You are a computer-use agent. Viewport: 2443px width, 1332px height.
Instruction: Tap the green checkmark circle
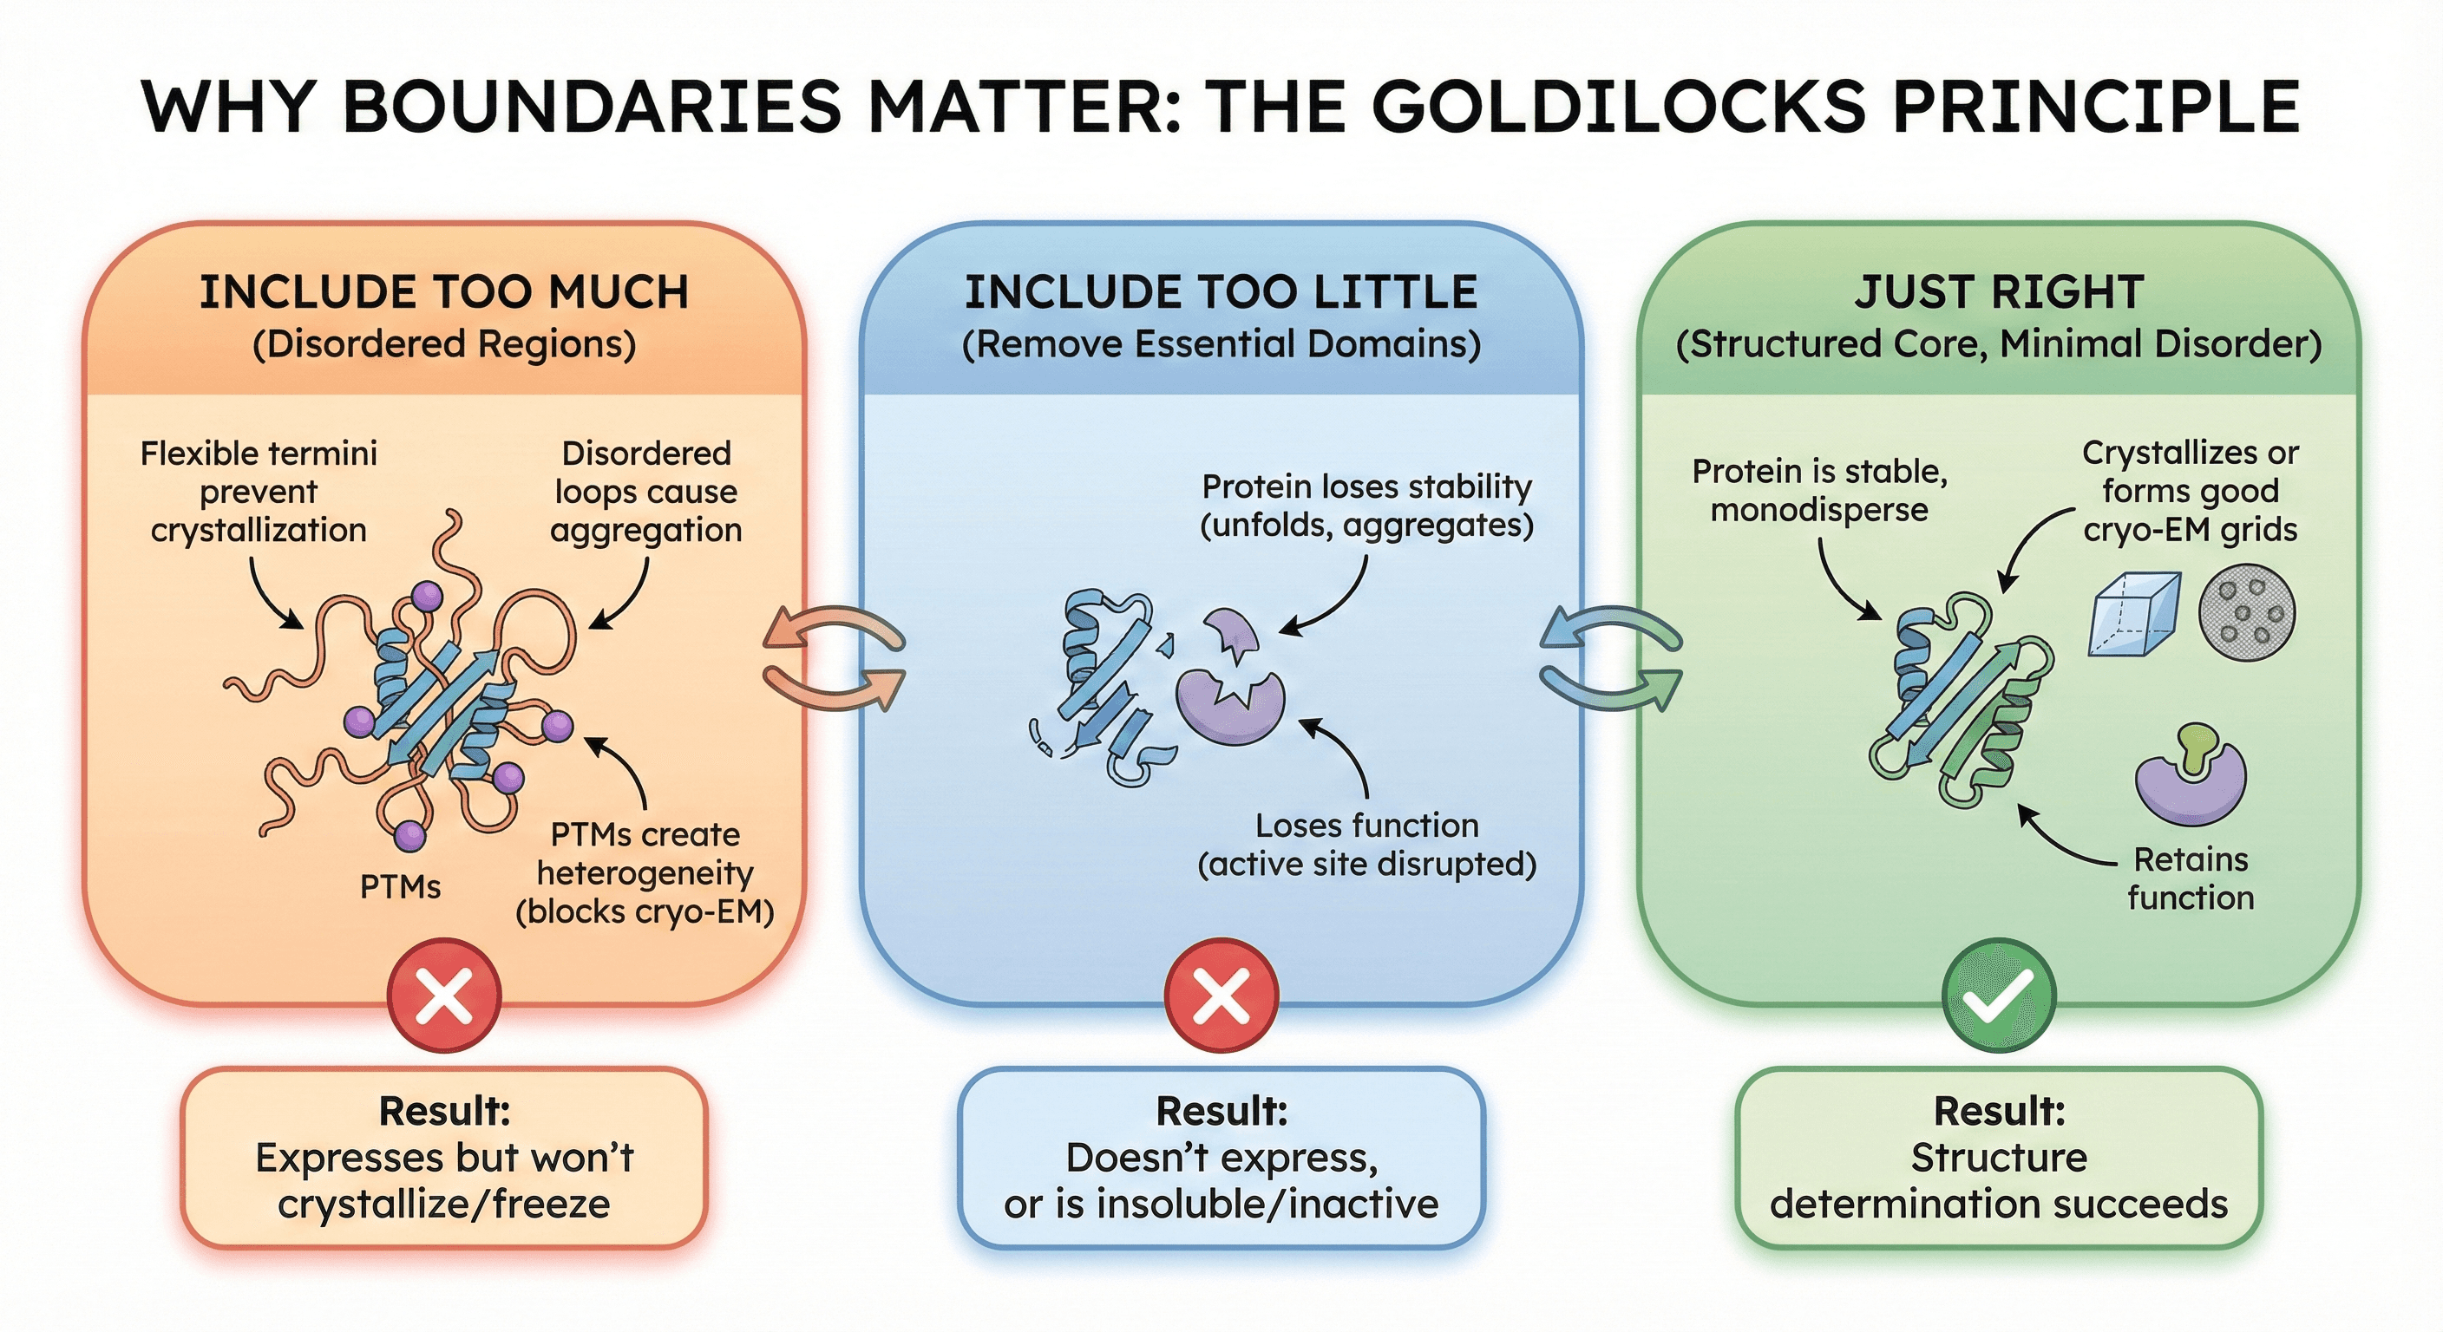(1998, 996)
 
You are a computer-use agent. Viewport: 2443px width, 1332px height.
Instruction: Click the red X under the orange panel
(444, 996)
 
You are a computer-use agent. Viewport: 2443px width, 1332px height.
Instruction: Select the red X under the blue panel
(1221, 996)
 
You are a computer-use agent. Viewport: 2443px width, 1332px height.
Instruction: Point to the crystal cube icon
(2134, 614)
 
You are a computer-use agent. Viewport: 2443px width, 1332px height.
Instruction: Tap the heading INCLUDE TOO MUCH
(444, 292)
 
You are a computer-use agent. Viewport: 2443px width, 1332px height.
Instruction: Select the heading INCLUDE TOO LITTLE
(1221, 292)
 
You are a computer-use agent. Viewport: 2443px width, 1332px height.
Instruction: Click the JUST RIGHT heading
(1998, 292)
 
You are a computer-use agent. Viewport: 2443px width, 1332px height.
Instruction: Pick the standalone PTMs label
(400, 887)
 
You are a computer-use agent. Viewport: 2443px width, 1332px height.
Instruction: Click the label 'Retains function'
(2191, 878)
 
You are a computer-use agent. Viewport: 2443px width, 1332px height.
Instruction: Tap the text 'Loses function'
(1366, 826)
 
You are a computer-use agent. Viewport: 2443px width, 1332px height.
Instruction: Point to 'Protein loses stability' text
(1366, 487)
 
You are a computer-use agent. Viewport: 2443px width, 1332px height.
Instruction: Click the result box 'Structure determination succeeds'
(1998, 1158)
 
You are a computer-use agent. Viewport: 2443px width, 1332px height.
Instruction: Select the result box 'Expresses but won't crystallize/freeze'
(444, 1158)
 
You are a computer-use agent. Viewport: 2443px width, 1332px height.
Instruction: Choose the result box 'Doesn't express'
(1221, 1158)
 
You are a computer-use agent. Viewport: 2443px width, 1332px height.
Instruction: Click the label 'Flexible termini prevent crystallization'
(258, 491)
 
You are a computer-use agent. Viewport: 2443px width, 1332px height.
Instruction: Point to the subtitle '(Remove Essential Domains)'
(1221, 344)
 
